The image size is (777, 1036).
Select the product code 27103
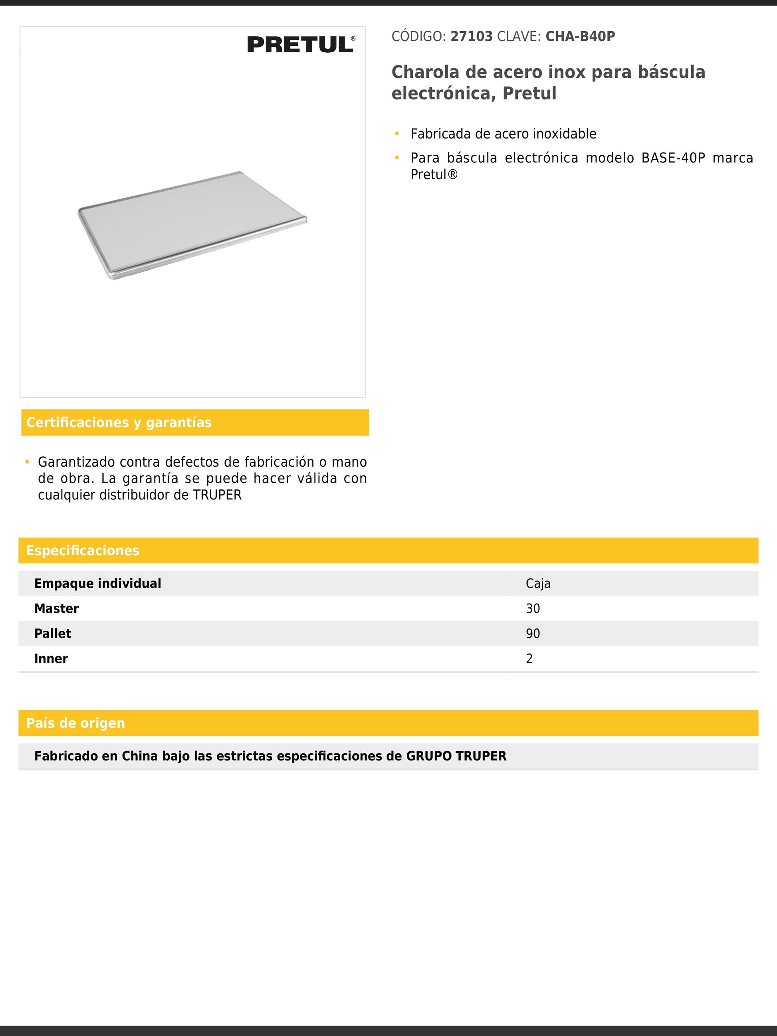click(471, 37)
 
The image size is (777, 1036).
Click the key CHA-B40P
click(580, 37)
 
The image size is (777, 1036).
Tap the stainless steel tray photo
click(192, 225)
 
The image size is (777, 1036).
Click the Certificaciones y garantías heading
click(119, 422)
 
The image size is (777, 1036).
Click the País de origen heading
click(75, 723)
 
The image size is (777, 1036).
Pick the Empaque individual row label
click(97, 584)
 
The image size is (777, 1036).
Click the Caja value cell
click(538, 584)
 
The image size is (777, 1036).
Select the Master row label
click(57, 609)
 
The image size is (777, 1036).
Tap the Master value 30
click(533, 609)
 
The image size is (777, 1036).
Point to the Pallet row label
click(52, 634)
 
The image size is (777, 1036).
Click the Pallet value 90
click(533, 634)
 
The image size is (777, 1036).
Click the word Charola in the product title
click(424, 72)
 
